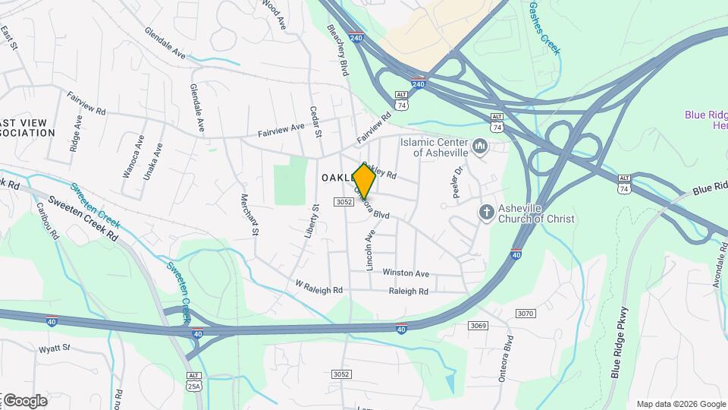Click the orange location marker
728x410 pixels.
(364, 181)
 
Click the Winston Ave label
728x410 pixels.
(406, 273)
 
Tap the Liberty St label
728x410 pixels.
(311, 221)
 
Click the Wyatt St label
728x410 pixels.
(54, 348)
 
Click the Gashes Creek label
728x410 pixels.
(544, 28)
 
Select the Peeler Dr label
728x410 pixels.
(457, 182)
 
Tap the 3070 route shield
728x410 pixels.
(526, 314)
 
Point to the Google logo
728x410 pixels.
(24, 401)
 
